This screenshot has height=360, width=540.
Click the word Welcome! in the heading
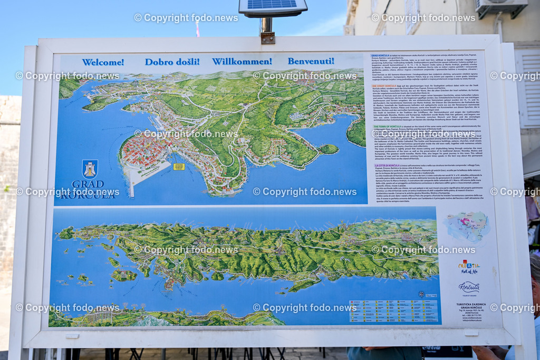(103, 62)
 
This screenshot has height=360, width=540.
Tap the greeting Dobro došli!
(172, 62)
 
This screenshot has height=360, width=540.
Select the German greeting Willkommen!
(242, 61)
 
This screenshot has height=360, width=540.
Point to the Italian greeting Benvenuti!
(311, 61)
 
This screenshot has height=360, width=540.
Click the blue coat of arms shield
(90, 169)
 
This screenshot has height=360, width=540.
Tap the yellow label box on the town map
(179, 167)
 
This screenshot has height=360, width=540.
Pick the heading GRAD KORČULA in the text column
(382, 55)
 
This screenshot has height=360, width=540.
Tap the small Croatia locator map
(467, 226)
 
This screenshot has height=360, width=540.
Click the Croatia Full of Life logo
(468, 267)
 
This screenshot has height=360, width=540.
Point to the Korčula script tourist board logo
(469, 288)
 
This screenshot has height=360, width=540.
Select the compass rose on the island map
(421, 294)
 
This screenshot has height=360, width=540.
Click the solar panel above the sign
(272, 7)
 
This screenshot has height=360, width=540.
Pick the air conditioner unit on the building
(500, 7)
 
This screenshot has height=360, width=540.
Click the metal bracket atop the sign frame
(267, 37)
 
